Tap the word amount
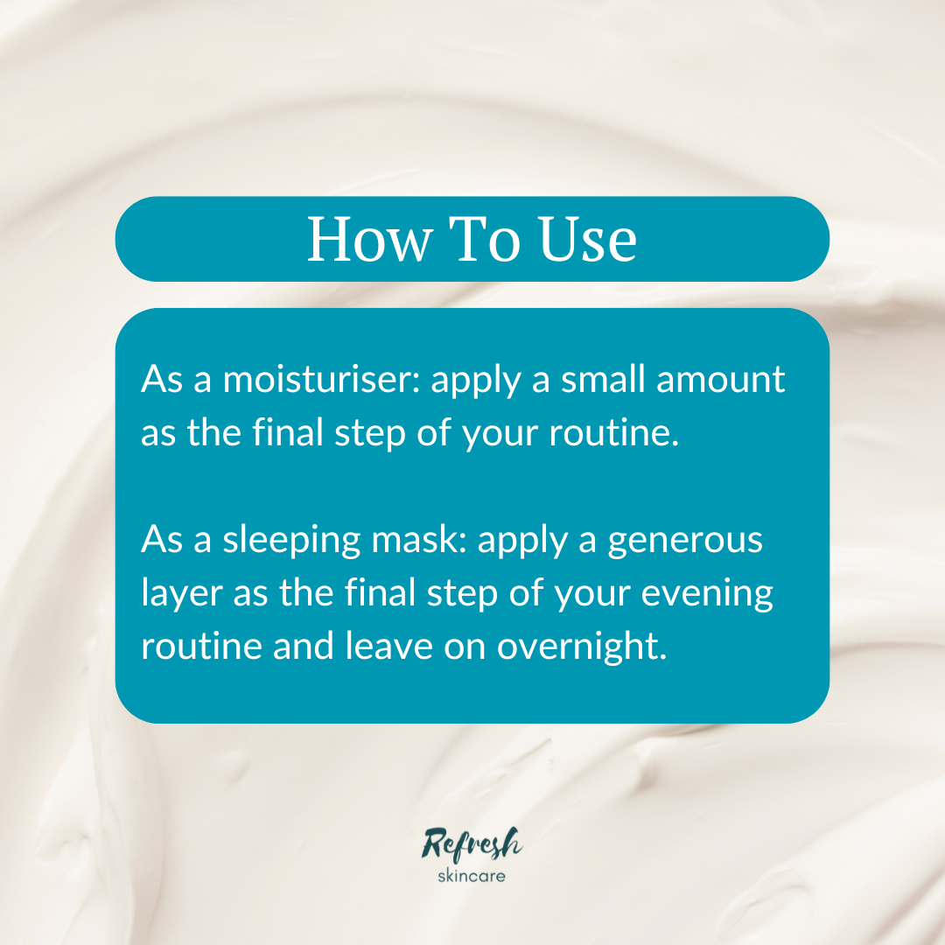click(731, 381)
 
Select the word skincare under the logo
click(471, 875)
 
